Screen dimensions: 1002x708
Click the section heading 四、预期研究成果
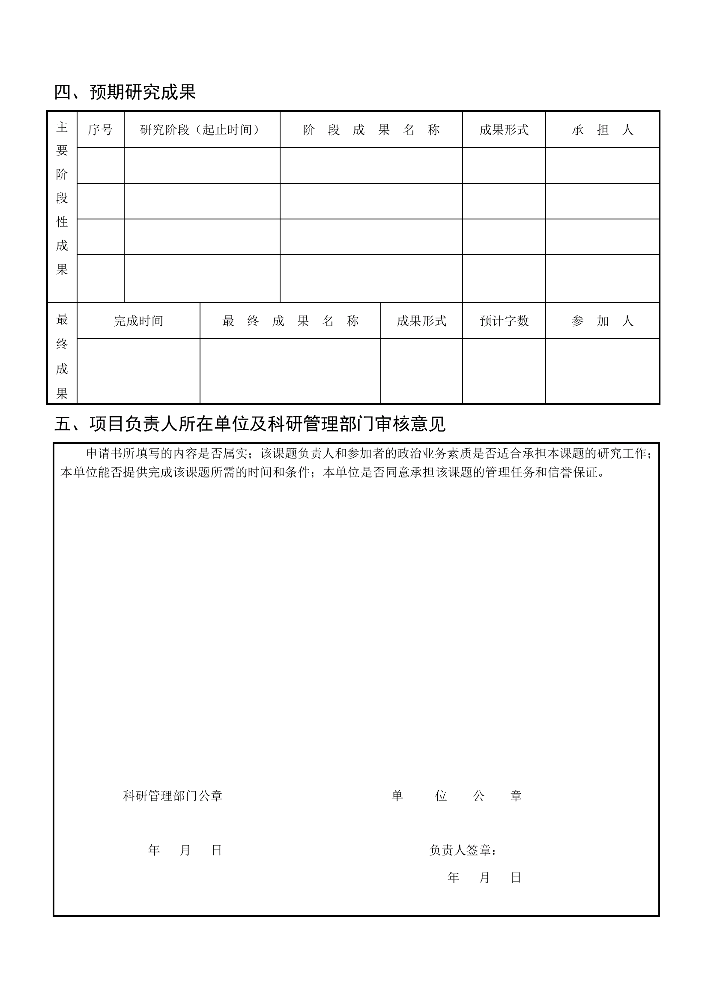125,92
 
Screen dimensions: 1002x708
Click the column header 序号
100,129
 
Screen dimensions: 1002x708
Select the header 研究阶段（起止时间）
202,129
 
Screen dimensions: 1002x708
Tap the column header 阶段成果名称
371,129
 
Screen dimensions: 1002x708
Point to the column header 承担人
602,129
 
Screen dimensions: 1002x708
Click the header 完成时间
138,321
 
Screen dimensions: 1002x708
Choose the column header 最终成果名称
290,321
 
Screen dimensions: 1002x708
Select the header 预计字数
504,321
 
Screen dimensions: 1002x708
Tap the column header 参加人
602,321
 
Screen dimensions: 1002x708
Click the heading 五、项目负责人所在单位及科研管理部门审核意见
250,424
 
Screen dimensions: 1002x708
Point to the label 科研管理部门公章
172,796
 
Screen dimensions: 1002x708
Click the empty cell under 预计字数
504,371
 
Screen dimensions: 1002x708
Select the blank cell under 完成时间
138,371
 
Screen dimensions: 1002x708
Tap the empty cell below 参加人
602,371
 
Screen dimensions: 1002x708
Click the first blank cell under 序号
100,165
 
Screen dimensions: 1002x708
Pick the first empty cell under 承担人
602,165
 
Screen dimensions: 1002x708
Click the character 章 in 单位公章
516,796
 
